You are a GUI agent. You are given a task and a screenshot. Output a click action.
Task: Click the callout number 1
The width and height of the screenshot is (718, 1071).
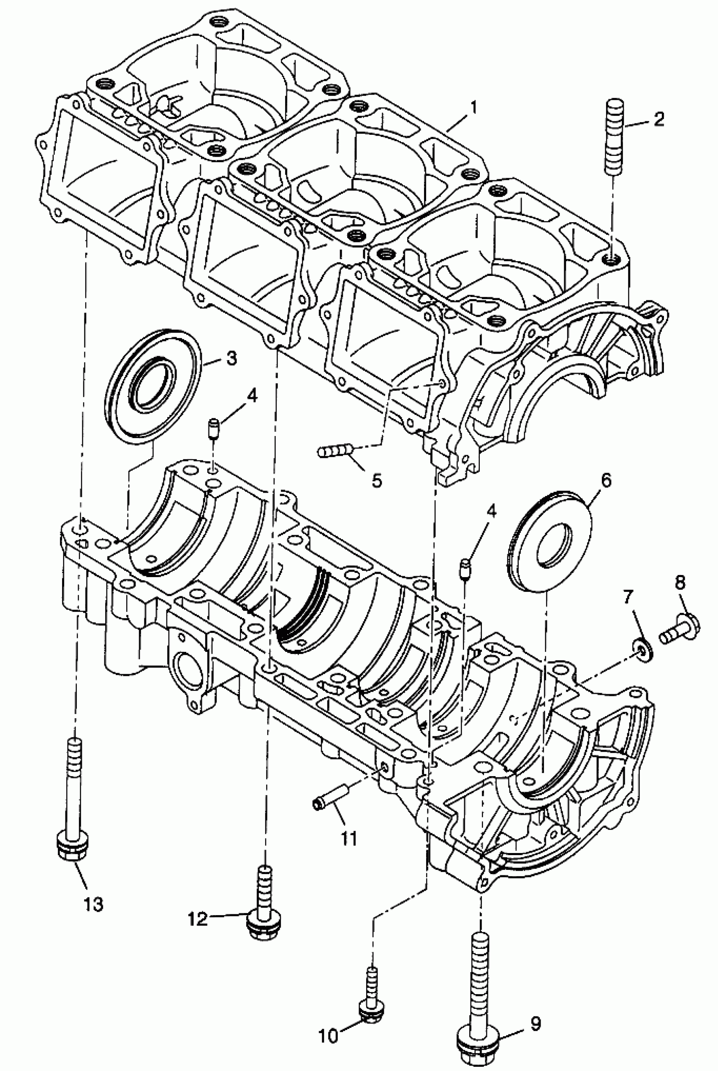pos(474,108)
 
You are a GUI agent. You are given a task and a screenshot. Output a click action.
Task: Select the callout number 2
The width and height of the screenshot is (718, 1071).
pos(659,120)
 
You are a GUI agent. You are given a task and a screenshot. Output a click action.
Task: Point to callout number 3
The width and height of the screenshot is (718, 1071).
pos(232,358)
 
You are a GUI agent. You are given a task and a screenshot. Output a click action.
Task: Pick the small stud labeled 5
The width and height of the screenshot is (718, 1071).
pos(335,452)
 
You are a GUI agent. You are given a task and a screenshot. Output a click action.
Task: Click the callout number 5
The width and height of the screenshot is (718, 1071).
pos(376,481)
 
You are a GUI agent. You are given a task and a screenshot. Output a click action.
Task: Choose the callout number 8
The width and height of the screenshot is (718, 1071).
pos(680,583)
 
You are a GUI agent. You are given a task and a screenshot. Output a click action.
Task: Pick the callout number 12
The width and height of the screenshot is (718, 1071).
pos(198,915)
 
